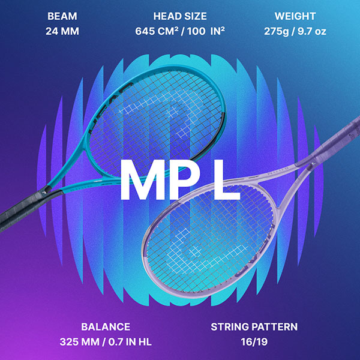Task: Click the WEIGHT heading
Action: (295, 16)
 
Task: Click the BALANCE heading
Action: (106, 327)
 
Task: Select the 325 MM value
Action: (82, 343)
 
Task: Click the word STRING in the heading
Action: (230, 327)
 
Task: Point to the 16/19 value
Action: (254, 343)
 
